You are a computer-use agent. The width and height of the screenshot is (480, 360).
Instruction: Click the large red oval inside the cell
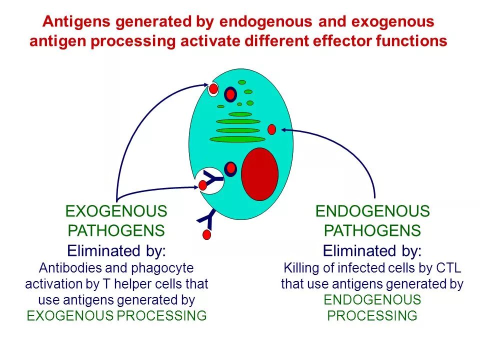[x=259, y=174]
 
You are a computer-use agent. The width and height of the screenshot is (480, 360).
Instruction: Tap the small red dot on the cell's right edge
[x=271, y=129]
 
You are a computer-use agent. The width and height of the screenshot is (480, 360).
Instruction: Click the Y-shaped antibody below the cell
[x=206, y=218]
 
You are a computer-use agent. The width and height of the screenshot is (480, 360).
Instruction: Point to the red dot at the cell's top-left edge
[x=213, y=89]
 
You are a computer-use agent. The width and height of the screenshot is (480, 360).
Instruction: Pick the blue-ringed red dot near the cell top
[x=230, y=94]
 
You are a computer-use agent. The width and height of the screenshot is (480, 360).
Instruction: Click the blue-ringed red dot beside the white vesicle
[x=230, y=169]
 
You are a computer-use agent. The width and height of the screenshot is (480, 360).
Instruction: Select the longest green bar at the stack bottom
[x=237, y=139]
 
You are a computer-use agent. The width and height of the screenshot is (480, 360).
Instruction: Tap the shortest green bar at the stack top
[x=240, y=114]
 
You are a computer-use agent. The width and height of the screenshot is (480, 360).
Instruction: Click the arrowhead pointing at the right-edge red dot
[x=284, y=129]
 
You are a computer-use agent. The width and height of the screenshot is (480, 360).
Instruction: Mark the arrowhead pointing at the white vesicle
[x=196, y=187]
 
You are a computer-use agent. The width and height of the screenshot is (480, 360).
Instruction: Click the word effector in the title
[x=340, y=41]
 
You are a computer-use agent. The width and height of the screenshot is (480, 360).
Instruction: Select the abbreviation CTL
[x=449, y=268]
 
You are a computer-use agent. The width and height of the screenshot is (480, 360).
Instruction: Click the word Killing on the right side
[x=302, y=268]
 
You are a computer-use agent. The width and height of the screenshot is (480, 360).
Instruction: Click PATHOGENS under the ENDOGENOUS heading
[x=372, y=230]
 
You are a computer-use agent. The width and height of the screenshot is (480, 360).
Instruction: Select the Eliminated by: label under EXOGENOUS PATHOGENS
[x=116, y=250]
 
